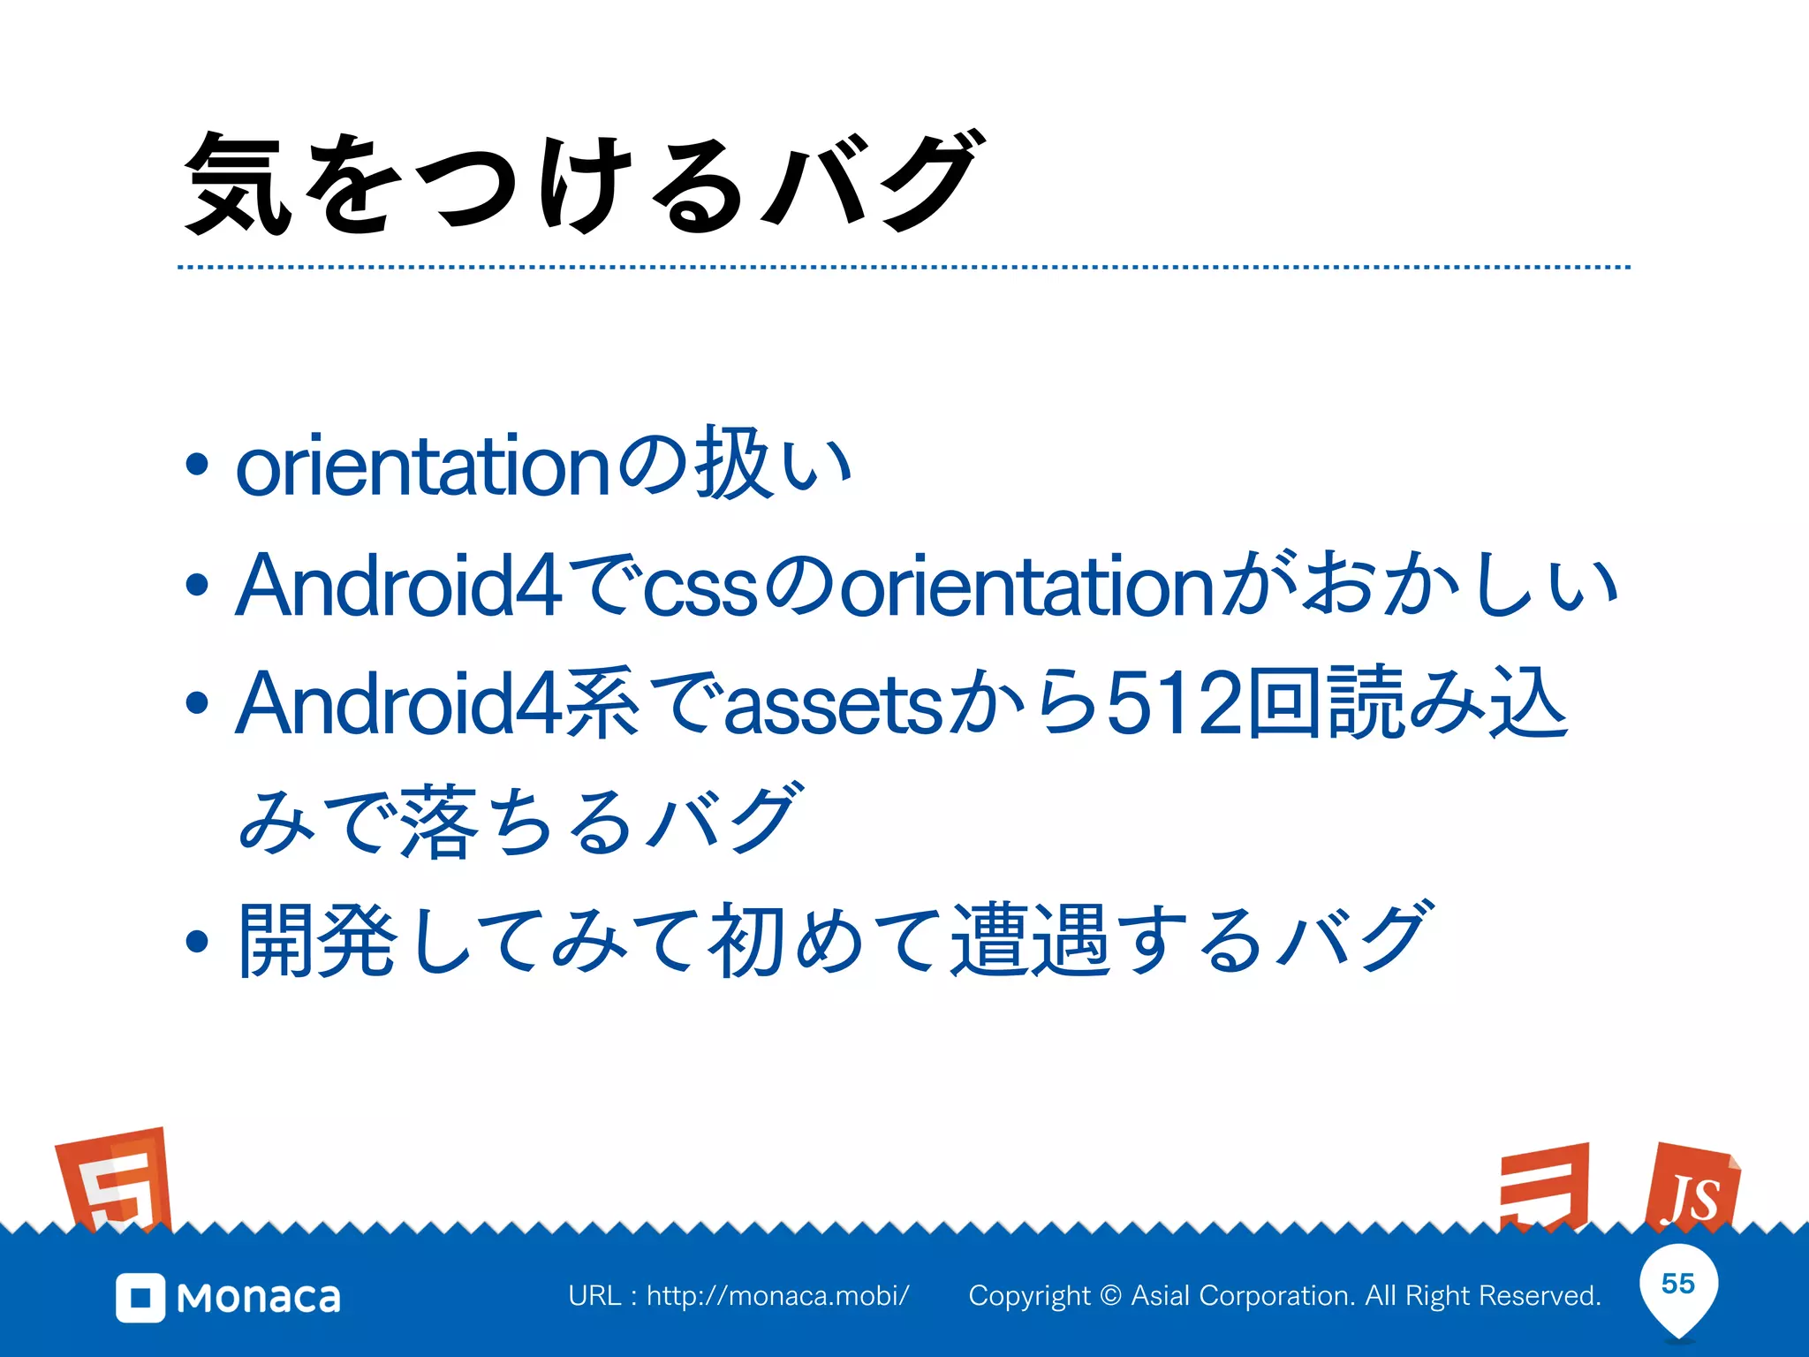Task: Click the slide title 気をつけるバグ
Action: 583,184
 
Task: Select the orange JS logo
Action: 1692,1189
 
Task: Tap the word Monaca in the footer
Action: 259,1298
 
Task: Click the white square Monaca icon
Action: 140,1298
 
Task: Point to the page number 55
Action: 1678,1284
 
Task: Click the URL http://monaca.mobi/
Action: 777,1296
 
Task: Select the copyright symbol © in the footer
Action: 1111,1296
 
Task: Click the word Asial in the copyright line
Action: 1161,1296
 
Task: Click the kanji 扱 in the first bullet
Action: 732,464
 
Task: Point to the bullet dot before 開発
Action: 197,942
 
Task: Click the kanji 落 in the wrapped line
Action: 438,822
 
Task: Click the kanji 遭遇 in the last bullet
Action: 1030,940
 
